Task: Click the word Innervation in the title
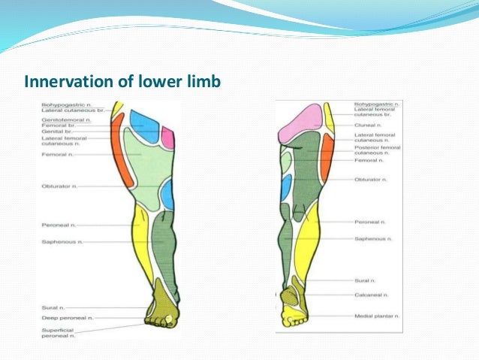tap(61, 80)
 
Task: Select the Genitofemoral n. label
tap(62, 119)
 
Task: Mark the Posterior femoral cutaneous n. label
tap(377, 151)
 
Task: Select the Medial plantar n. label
tap(375, 316)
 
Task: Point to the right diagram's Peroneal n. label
tap(370, 222)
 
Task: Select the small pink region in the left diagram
tap(167, 138)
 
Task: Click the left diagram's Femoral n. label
tap(58, 154)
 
